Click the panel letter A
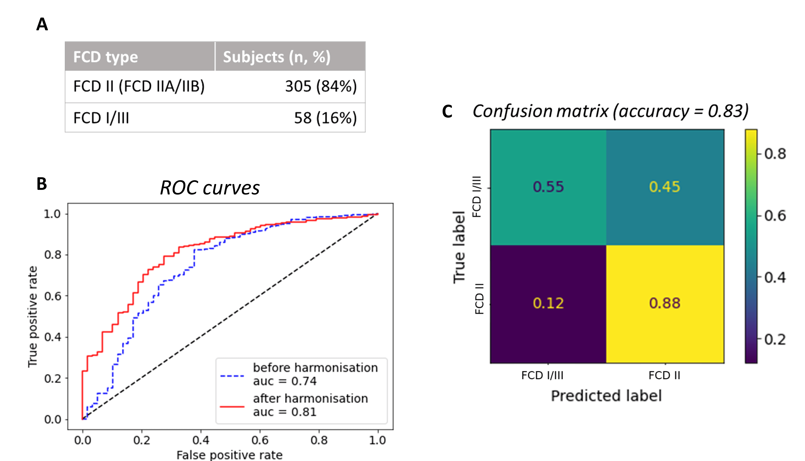(42, 24)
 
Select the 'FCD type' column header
(106, 57)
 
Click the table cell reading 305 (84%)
(321, 86)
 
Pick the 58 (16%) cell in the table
(325, 118)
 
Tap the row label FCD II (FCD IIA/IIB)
(139, 86)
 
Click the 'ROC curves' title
(210, 188)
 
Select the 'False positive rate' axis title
(229, 455)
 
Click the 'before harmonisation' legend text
(315, 368)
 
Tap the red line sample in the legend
(232, 406)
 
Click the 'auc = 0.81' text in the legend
(285, 412)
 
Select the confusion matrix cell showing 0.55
(548, 187)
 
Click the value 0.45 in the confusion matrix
(664, 187)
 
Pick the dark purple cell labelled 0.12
(548, 303)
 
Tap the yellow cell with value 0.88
(664, 303)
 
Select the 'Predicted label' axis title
(606, 396)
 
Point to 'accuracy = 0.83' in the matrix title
(681, 111)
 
